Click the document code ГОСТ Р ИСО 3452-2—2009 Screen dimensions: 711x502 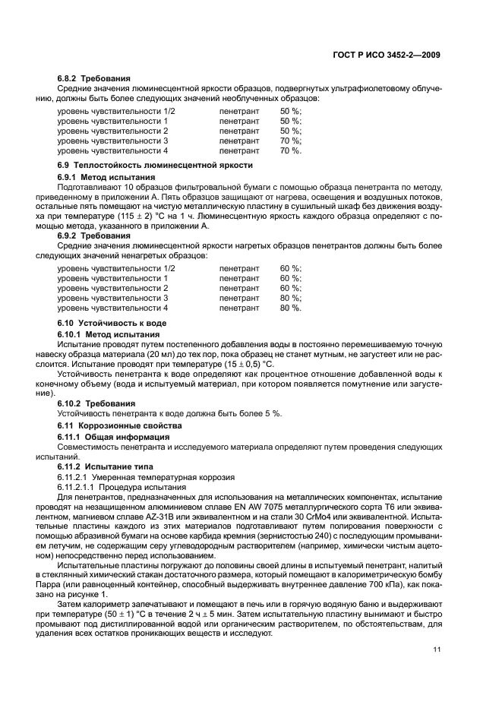pyautogui.click(x=387, y=55)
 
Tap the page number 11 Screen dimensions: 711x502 pyautogui.click(x=437, y=649)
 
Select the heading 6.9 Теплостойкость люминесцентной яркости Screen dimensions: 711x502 pyautogui.click(x=155, y=165)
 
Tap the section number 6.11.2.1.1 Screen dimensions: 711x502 pyautogui.click(x=75, y=486)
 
